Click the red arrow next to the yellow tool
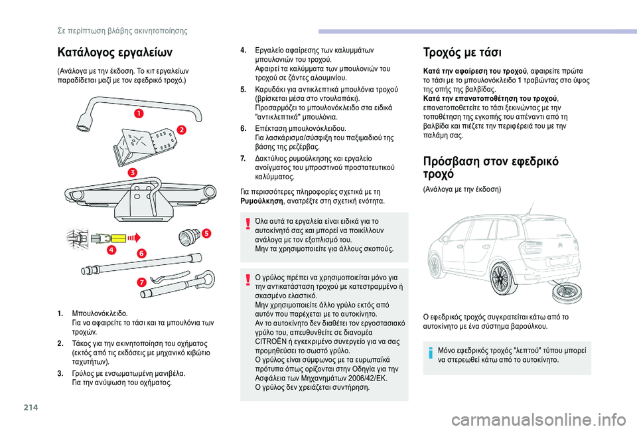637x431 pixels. point(135,237)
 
